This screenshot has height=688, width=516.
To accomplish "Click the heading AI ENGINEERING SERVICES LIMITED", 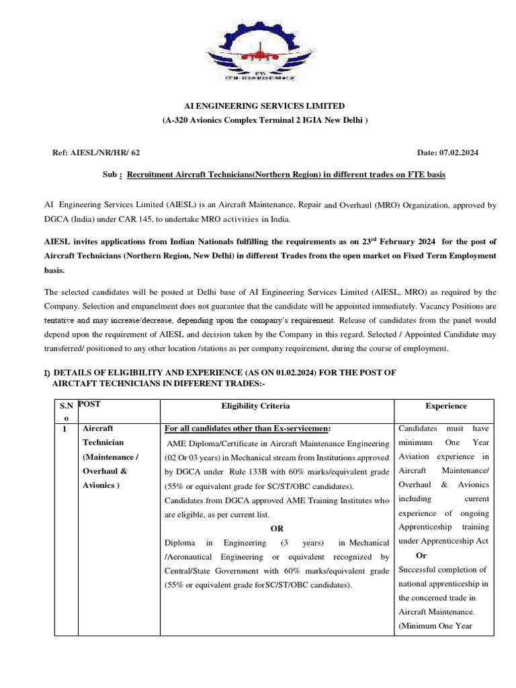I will (x=265, y=106).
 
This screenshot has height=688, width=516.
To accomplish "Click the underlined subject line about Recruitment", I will (x=286, y=175).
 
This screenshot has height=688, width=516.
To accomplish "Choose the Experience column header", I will (x=446, y=406).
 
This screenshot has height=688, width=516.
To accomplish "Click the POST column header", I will (x=89, y=404).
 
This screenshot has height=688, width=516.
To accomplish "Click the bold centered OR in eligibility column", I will (x=277, y=529).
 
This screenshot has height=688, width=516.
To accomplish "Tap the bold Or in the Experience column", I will (x=421, y=556).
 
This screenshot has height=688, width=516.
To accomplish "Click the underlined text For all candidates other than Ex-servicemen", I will (x=247, y=429).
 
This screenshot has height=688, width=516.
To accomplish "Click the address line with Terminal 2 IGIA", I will (x=265, y=120).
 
